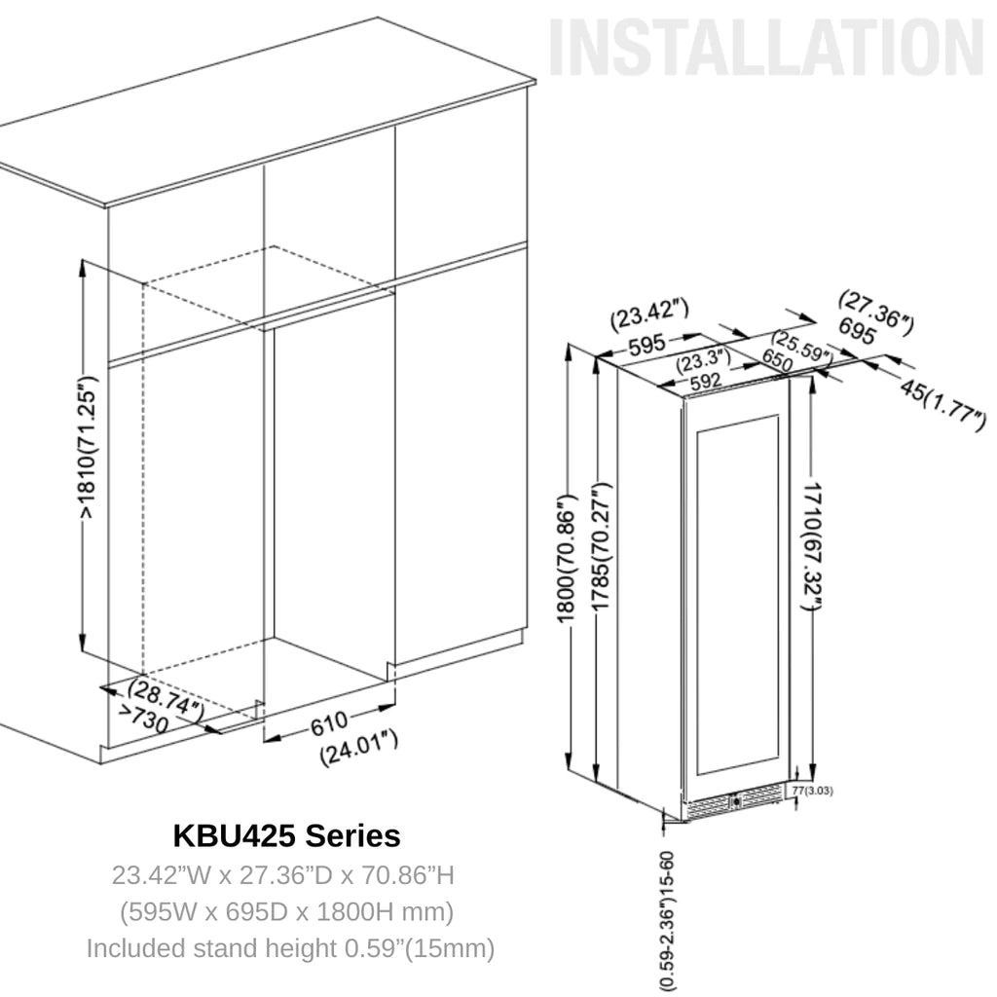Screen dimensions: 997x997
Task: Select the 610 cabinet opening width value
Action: [330, 725]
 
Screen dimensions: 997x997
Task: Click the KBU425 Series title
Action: [286, 835]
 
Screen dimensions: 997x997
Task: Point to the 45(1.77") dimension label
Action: [941, 403]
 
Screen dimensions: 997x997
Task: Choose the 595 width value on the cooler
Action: [645, 343]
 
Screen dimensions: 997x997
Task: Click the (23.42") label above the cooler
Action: [649, 314]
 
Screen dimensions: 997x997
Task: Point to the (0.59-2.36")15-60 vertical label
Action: [667, 920]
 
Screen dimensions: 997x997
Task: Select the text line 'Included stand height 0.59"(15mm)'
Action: [290, 947]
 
